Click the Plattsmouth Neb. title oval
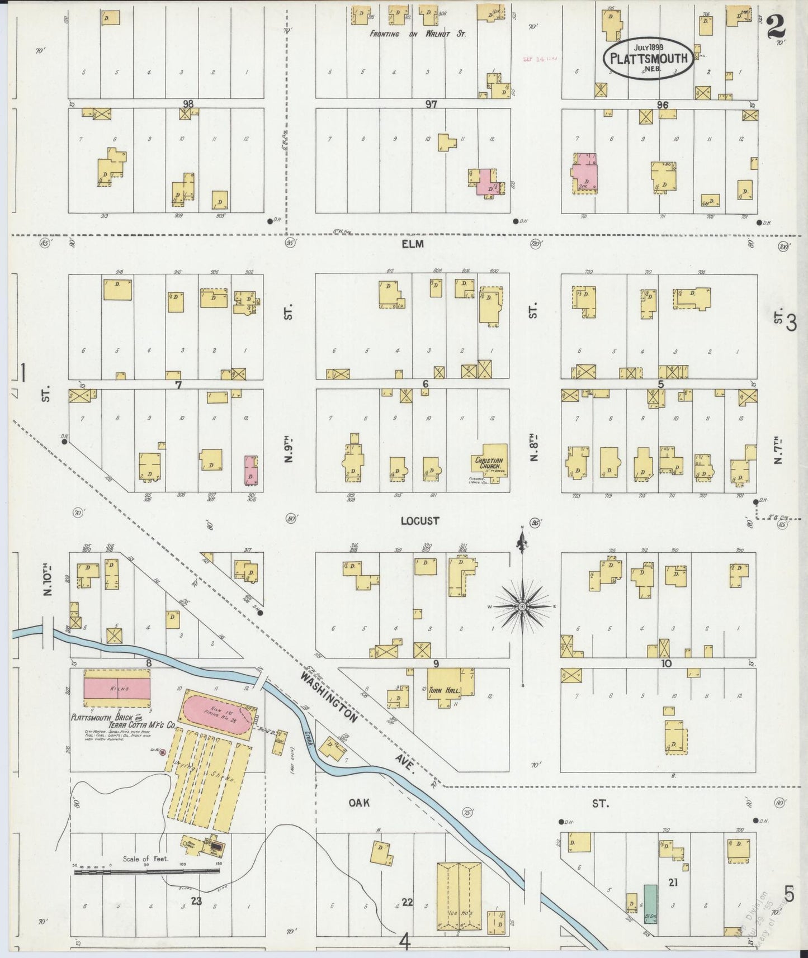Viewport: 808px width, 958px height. coord(649,58)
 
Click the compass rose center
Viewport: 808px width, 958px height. coord(521,606)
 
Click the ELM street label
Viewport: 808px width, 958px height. coord(413,244)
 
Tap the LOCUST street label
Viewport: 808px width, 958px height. coord(419,520)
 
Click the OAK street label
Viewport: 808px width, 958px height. coord(358,803)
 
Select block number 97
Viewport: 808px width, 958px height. coord(430,104)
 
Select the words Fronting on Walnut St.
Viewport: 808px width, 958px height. coord(418,34)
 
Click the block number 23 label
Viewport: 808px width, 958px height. coord(196,900)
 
